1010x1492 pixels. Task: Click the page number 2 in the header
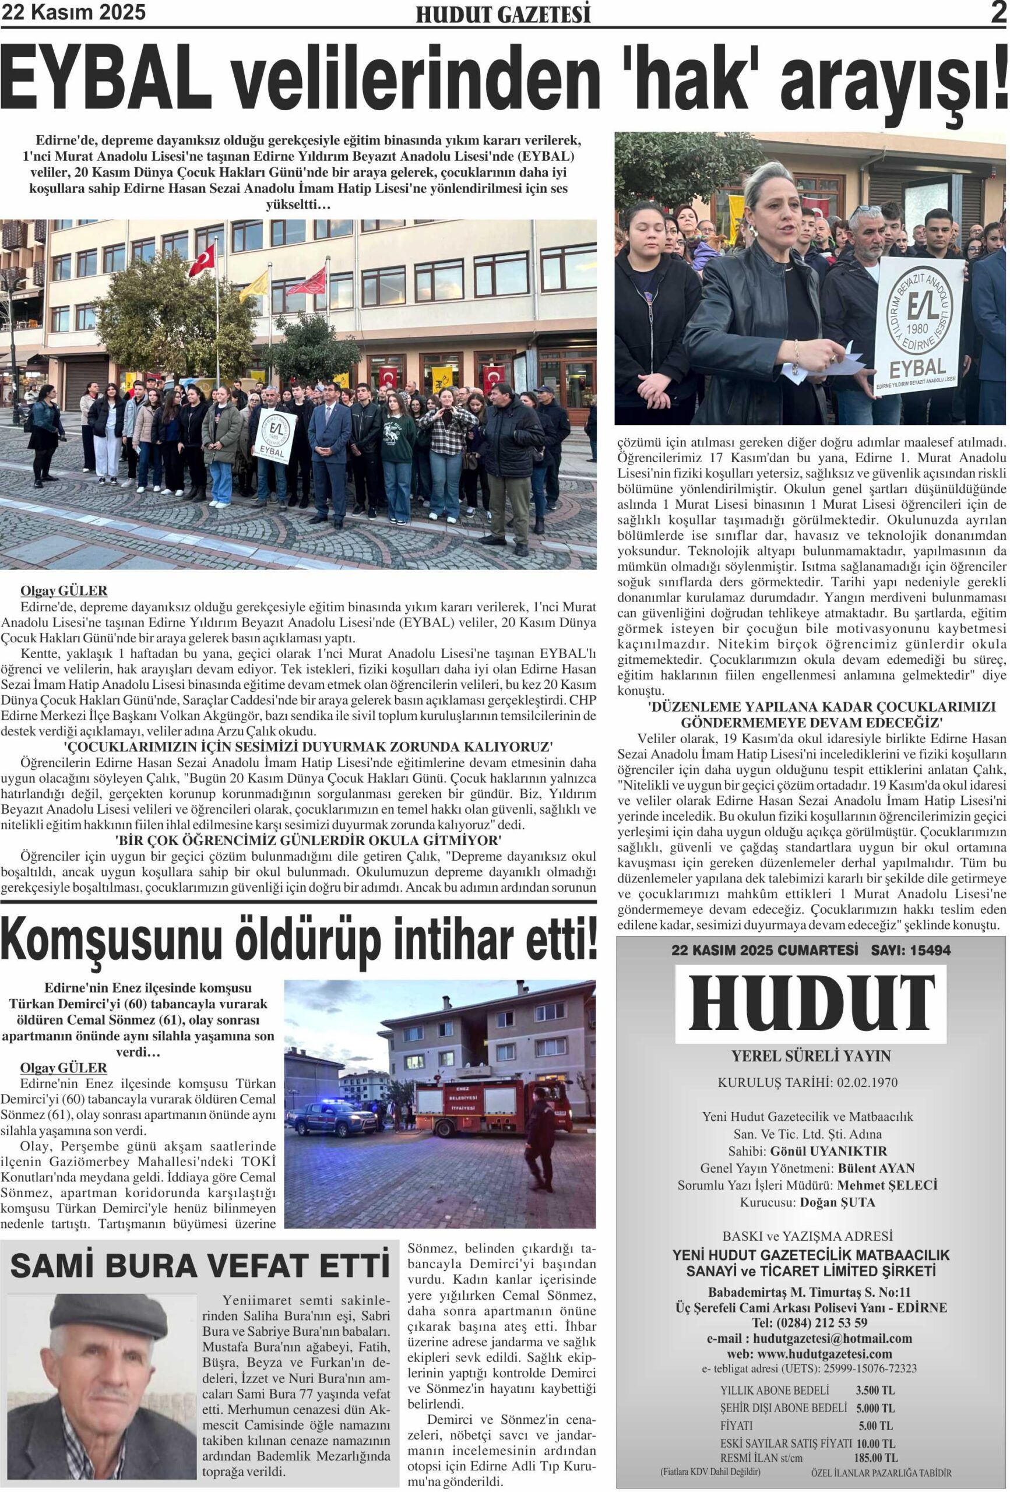pos(997,13)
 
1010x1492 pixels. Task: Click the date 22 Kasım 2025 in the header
pos(74,12)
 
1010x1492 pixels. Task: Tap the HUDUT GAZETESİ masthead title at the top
pos(504,14)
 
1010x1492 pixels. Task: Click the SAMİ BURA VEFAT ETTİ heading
pos(200,1265)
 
